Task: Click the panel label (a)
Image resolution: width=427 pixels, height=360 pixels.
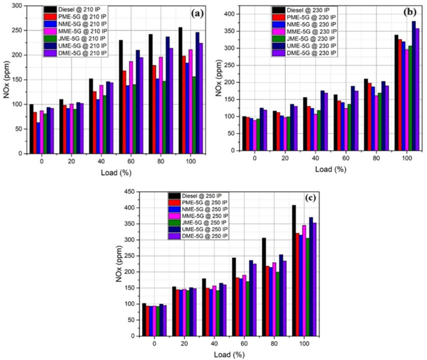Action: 195,12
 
